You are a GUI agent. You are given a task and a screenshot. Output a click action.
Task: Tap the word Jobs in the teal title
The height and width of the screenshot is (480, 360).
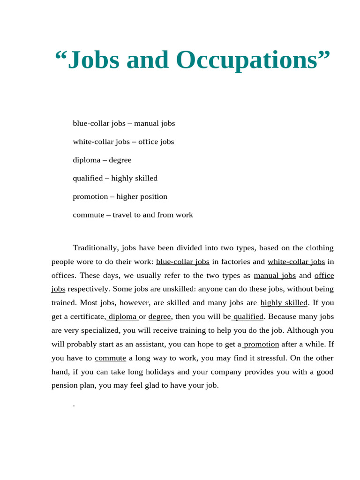[93, 60]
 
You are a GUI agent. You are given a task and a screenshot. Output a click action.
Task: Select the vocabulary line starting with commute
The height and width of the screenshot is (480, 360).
[133, 215]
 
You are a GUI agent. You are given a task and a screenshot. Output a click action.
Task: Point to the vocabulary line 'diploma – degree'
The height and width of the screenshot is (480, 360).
[102, 160]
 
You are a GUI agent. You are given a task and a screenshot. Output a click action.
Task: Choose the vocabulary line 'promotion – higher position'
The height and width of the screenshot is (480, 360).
[120, 196]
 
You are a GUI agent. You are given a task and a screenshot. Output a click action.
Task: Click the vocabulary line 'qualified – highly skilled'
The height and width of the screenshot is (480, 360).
[115, 178]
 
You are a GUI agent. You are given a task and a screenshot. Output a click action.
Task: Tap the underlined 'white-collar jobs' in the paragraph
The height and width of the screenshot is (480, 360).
[296, 262]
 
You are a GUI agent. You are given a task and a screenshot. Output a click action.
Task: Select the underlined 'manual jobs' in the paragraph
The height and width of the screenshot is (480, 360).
[275, 275]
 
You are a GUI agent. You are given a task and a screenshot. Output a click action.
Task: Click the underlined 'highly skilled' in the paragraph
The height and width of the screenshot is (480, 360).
[284, 303]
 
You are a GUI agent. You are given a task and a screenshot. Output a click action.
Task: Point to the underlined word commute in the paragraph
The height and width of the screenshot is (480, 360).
[110, 358]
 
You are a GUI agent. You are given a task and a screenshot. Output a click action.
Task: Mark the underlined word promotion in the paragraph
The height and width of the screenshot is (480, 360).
[261, 344]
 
